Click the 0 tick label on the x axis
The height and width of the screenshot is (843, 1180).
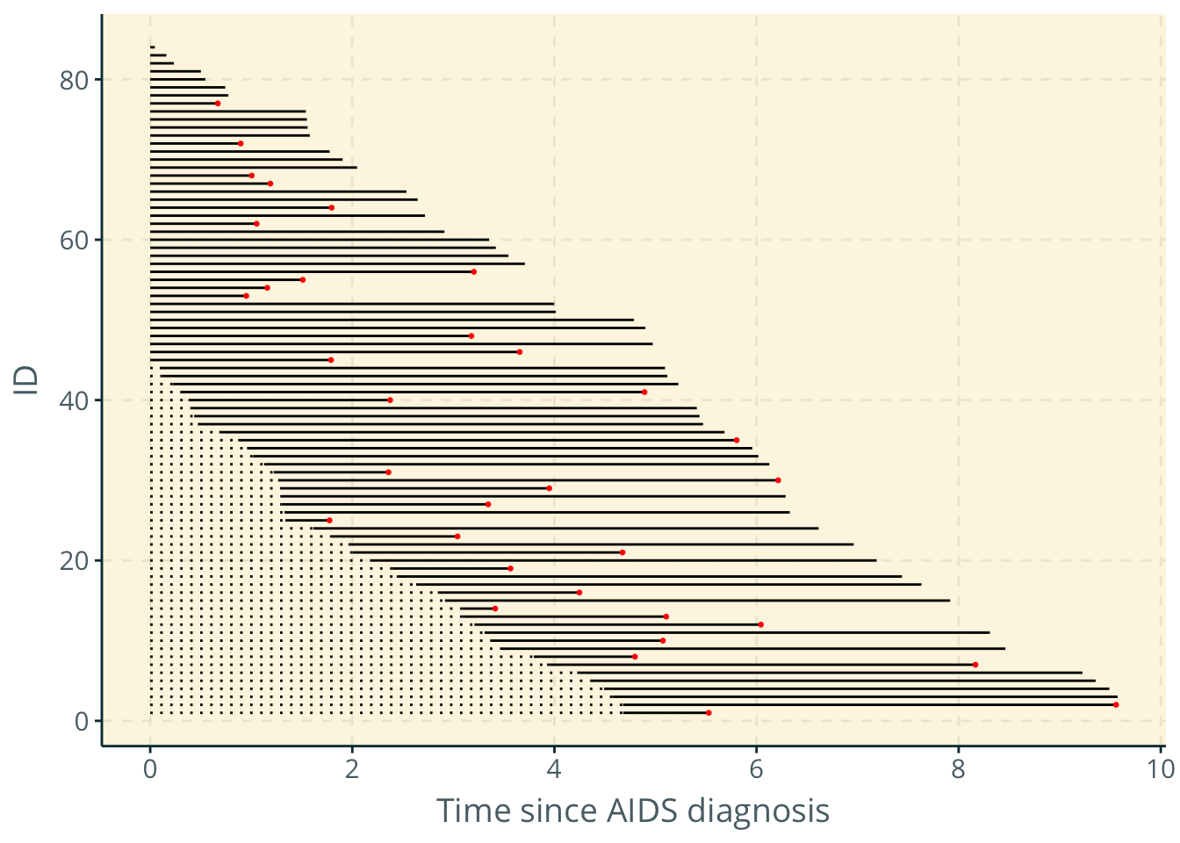(150, 769)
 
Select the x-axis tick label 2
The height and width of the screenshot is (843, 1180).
(352, 769)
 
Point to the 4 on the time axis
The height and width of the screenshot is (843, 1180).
(554, 769)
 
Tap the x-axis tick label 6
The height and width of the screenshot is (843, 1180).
(756, 769)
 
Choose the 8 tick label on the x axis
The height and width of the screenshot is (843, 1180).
(958, 769)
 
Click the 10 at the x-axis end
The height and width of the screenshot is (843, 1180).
(1160, 769)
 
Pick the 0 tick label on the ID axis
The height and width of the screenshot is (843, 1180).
(82, 721)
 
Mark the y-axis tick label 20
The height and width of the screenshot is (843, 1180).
(75, 560)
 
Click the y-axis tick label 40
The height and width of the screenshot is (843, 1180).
(75, 400)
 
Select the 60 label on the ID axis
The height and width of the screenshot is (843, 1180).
(75, 240)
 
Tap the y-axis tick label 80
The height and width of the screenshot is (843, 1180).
(75, 80)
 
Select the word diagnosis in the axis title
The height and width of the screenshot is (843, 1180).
(759, 811)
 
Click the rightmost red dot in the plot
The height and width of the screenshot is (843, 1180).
(1116, 704)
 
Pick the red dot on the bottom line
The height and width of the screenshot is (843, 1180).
(709, 712)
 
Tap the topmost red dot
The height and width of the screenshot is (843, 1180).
(218, 104)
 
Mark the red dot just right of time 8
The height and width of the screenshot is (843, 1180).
(975, 665)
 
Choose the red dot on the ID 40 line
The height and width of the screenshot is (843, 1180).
(390, 400)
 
